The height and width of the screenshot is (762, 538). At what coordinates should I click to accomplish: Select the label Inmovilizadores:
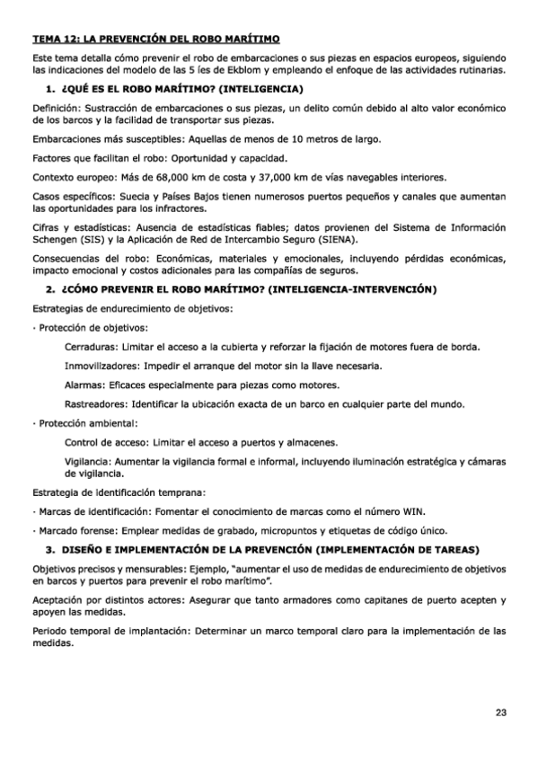point(101,366)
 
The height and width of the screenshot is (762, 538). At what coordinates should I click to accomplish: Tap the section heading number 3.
point(49,548)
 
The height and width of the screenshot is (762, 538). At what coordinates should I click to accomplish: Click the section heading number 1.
point(49,89)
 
